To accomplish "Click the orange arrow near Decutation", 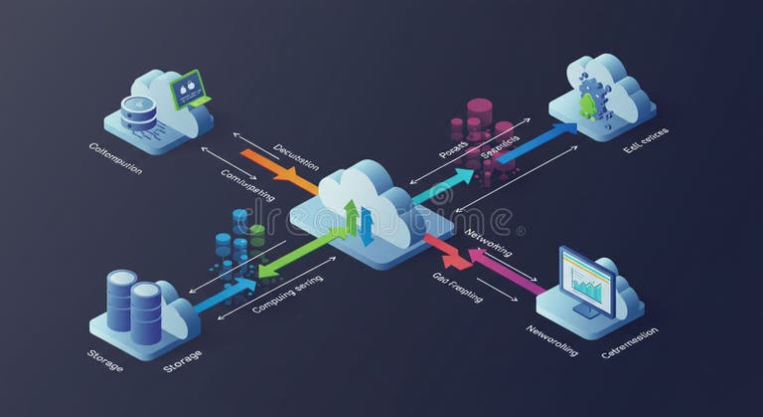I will click(279, 168).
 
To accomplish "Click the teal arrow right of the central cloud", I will click(443, 185).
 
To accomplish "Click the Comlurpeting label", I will click(248, 183).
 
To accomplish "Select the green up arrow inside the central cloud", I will click(351, 217).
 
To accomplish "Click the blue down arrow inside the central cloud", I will click(367, 227).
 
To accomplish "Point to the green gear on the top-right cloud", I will click(587, 104).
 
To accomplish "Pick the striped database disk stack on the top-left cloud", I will click(138, 111).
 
